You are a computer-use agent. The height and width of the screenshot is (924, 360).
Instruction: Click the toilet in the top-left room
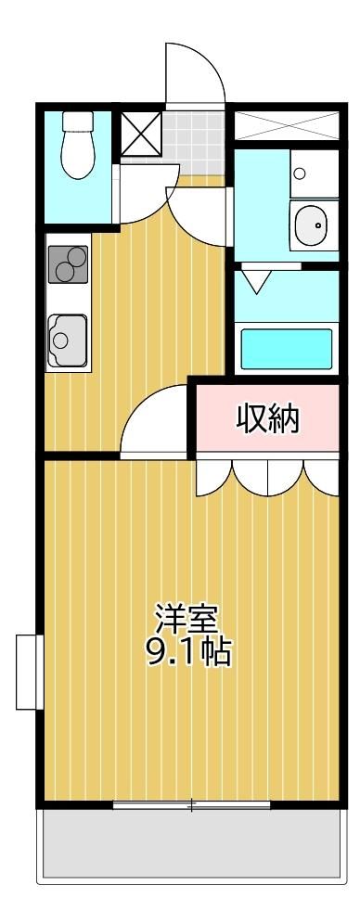[77, 145]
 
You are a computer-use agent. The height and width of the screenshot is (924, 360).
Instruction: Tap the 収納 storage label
[268, 419]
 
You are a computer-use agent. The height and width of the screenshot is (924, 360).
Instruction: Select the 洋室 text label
[187, 618]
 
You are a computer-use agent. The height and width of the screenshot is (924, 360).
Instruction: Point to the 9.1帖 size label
[188, 652]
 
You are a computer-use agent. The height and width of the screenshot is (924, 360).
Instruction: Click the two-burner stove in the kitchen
[69, 264]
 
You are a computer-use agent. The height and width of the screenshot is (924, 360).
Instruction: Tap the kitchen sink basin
[68, 340]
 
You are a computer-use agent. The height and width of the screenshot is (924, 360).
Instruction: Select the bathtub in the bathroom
[287, 349]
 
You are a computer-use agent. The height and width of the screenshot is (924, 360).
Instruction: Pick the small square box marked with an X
[141, 134]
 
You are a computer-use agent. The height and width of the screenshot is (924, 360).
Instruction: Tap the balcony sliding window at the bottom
[191, 804]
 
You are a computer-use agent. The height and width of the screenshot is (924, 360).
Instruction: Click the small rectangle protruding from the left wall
[26, 671]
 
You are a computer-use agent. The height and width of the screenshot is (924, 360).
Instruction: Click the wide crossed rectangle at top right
[287, 125]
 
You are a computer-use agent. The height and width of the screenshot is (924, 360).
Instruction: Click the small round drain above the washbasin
[300, 173]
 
